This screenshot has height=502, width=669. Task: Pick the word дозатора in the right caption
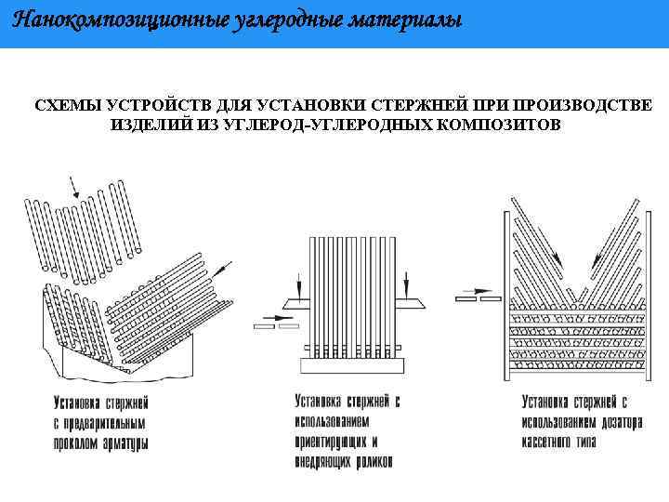tap(614, 417)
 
